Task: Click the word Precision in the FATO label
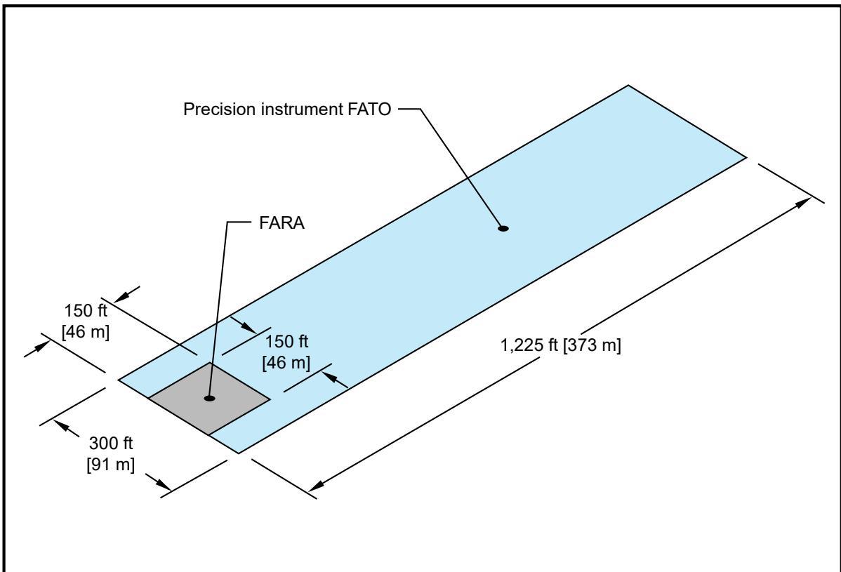[220, 109]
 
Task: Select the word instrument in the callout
[301, 109]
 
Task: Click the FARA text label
[282, 222]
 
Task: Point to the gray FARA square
[209, 399]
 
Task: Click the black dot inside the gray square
[210, 399]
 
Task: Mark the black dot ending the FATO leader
[503, 228]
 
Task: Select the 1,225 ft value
[529, 345]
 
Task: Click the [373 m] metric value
[592, 345]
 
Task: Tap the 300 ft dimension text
[110, 444]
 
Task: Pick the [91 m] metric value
[110, 464]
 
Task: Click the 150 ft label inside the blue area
[286, 342]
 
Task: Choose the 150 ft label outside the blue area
[86, 311]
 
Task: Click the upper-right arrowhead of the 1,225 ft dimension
[803, 203]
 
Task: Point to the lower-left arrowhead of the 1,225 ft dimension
[317, 485]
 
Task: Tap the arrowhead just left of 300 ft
[62, 427]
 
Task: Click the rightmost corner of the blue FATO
[747, 157]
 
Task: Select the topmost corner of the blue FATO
[628, 85]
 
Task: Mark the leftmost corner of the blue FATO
[119, 380]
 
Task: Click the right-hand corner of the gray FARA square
[270, 399]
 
